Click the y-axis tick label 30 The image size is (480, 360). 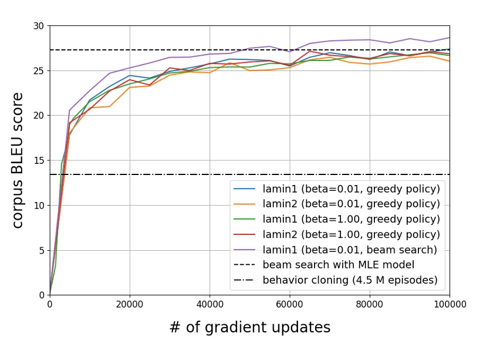pyautogui.click(x=39, y=26)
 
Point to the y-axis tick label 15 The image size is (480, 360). pyautogui.click(x=39, y=160)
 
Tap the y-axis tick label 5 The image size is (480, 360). pyautogui.click(x=41, y=250)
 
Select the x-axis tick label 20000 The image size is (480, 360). pyautogui.click(x=130, y=304)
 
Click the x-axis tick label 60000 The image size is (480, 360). pyautogui.click(x=289, y=304)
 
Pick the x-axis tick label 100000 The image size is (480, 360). pyautogui.click(x=449, y=304)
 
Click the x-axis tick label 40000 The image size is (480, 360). pyautogui.click(x=209, y=304)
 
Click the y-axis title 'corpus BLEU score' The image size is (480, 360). pyautogui.click(x=18, y=160)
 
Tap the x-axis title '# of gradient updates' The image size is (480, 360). pyautogui.click(x=249, y=328)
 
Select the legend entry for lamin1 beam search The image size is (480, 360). pyautogui.click(x=350, y=250)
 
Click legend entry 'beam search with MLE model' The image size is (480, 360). pyautogui.click(x=339, y=265)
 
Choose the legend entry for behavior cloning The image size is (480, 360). pyautogui.click(x=350, y=280)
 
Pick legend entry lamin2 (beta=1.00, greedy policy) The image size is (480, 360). pyautogui.click(x=351, y=234)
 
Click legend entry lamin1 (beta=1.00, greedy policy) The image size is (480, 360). pyautogui.click(x=351, y=219)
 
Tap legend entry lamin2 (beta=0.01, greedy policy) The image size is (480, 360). pyautogui.click(x=351, y=204)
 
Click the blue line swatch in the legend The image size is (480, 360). pyautogui.click(x=245, y=189)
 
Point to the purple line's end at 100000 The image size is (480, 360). pyautogui.click(x=449, y=38)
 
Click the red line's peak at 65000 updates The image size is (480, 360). pyautogui.click(x=309, y=51)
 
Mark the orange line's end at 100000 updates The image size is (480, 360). pyautogui.click(x=449, y=61)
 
